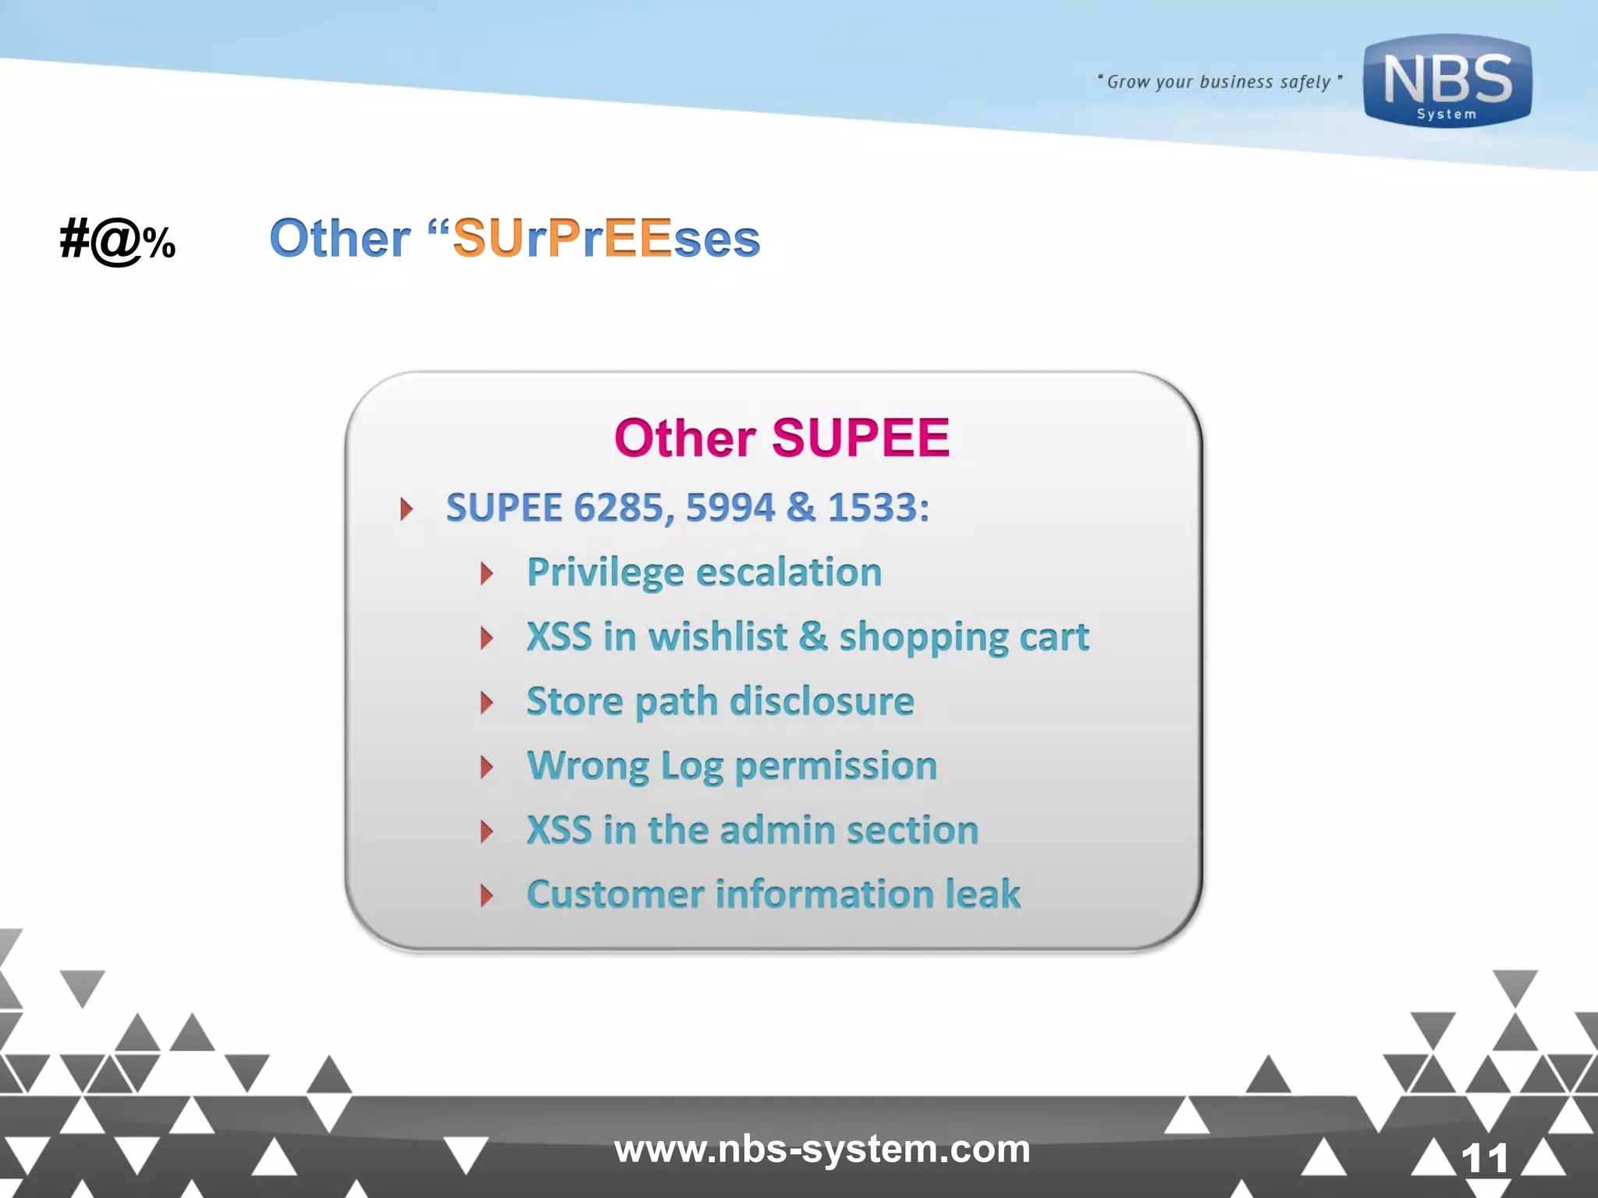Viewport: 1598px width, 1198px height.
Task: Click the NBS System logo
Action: (1447, 81)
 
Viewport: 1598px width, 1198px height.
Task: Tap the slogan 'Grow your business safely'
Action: (1219, 82)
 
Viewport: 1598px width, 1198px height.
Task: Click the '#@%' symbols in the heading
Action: (118, 240)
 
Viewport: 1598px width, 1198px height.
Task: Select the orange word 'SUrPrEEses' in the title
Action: (605, 238)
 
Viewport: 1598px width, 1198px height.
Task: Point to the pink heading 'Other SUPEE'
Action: (781, 438)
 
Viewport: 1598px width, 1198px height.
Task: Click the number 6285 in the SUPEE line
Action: (618, 508)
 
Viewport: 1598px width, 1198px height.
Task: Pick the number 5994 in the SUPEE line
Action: (730, 508)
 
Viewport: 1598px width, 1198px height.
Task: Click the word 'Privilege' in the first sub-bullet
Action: (605, 573)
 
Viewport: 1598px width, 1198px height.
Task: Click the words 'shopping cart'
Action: (964, 638)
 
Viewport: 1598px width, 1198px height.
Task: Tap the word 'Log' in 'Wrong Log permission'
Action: (692, 767)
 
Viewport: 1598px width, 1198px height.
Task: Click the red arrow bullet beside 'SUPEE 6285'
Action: (406, 509)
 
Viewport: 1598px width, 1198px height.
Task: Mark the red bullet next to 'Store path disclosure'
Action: (487, 703)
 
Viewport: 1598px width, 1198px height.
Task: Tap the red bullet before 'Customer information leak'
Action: (487, 895)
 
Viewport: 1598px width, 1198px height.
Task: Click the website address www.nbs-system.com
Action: (822, 1149)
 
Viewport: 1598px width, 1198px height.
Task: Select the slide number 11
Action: (1484, 1158)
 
